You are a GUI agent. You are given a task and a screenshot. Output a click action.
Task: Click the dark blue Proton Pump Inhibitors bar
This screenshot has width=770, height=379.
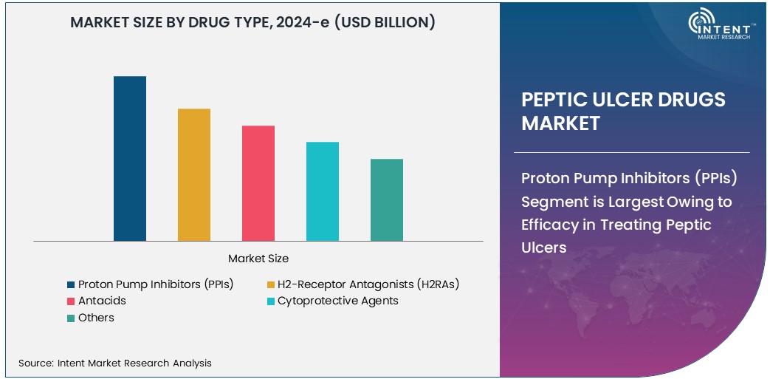pos(129,158)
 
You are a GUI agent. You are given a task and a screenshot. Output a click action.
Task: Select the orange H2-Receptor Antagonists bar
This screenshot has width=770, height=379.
pos(193,174)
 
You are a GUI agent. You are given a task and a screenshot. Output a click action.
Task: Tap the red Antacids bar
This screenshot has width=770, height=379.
pos(258,183)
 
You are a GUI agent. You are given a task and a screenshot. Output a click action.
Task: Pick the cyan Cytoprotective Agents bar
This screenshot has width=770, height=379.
pos(323,191)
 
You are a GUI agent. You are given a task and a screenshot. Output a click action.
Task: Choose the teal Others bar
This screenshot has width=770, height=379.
pos(387,199)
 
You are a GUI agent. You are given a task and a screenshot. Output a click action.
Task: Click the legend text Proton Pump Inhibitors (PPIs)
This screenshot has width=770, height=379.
pos(156,284)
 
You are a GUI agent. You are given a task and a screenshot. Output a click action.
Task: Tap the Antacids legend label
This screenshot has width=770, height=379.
pos(102,301)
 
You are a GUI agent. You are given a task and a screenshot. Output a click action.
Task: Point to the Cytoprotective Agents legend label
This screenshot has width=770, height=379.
pos(337,301)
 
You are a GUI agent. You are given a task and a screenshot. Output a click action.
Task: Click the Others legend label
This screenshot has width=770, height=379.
pos(96,318)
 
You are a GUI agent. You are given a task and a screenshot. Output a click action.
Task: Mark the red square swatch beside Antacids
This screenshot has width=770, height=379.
pos(71,301)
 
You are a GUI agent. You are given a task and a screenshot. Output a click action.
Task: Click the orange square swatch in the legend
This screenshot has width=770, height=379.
pos(270,284)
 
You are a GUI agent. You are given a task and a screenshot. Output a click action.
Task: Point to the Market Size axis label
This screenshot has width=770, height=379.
pos(258,259)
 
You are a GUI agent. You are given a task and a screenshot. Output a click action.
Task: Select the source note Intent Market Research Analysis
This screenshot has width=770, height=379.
pos(115,363)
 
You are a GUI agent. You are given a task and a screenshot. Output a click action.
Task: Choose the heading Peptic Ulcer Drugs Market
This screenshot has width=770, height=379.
pos(624,112)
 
